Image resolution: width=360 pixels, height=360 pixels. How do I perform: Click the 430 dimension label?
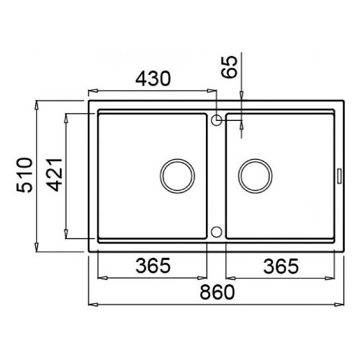153,78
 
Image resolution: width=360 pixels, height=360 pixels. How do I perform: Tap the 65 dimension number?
230,67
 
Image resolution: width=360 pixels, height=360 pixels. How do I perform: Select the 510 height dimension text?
24,175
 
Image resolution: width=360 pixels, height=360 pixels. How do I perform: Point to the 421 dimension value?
55,175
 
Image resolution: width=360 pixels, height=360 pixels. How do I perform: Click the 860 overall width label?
217,292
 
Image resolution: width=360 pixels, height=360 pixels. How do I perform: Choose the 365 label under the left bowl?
153,266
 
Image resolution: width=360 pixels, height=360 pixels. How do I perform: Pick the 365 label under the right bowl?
281,266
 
